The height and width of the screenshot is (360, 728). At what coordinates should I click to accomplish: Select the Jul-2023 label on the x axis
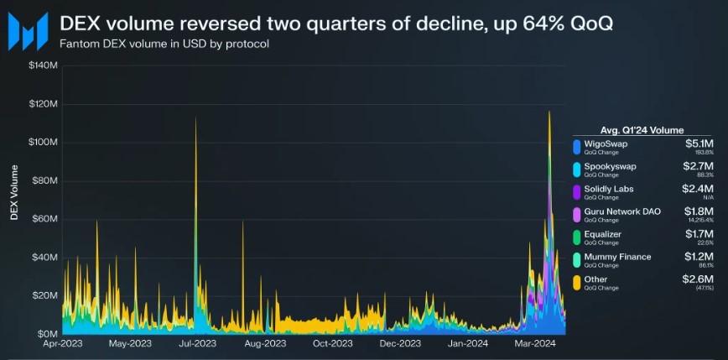tap(198, 343)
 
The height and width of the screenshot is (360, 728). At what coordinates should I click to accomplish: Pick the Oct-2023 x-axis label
tap(333, 343)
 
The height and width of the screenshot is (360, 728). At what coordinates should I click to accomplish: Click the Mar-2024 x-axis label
tap(535, 343)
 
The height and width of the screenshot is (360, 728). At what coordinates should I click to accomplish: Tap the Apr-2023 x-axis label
tap(62, 343)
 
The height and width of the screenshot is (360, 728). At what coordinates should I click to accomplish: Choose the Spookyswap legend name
tap(610, 166)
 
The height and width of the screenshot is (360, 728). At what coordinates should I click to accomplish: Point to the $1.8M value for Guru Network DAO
tap(700, 211)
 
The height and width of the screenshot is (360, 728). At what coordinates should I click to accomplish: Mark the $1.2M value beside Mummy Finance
tap(700, 257)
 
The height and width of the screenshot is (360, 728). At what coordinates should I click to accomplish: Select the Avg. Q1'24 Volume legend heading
tap(643, 130)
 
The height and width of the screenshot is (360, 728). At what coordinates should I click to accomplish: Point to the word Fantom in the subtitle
tap(78, 44)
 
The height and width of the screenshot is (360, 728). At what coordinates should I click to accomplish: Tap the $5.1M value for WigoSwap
tap(700, 143)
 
